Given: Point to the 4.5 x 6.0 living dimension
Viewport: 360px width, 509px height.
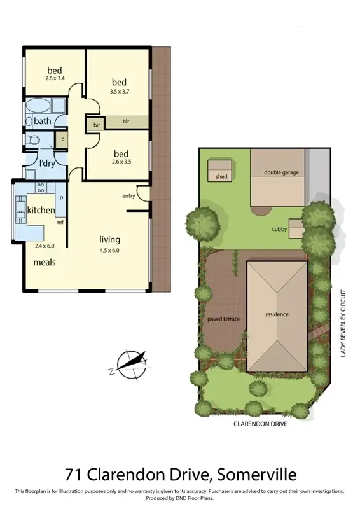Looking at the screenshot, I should click(x=109, y=250).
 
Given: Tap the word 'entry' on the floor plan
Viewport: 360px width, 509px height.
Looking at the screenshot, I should click(x=128, y=195).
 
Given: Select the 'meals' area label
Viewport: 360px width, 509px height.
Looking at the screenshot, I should click(x=45, y=261).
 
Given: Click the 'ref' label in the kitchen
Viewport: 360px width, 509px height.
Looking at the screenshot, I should click(x=60, y=223).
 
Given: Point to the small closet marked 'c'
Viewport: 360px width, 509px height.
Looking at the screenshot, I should click(x=62, y=138).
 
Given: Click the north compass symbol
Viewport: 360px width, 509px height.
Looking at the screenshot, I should click(x=131, y=364).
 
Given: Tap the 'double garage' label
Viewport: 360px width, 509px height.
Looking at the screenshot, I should click(x=280, y=172).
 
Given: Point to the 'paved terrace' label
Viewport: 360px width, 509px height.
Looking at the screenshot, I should click(x=223, y=319).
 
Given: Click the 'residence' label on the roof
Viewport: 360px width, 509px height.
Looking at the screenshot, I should click(x=277, y=314).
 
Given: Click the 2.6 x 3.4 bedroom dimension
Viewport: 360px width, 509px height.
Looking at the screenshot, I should click(x=56, y=79).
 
